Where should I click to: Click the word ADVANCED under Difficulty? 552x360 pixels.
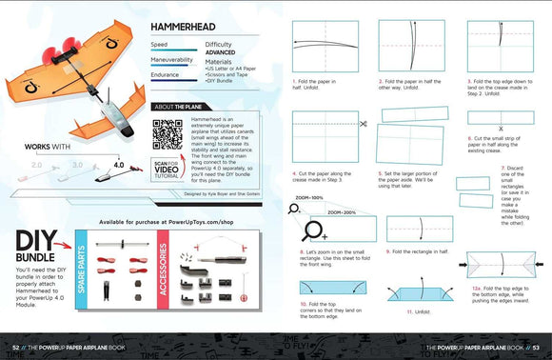coord(223,52)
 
